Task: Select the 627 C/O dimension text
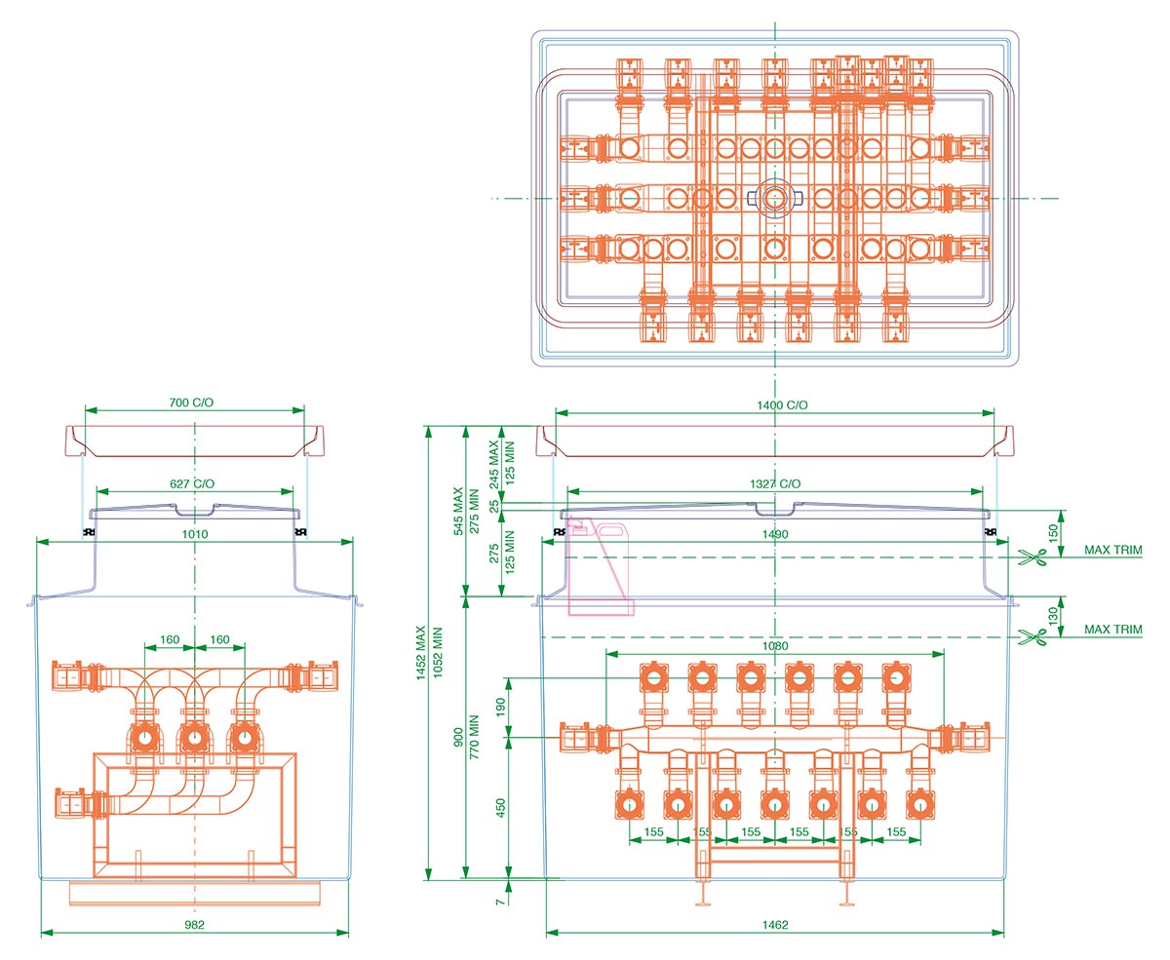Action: (194, 483)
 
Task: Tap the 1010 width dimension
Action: (194, 534)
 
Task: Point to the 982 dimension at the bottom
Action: (194, 924)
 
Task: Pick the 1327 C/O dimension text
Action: (776, 484)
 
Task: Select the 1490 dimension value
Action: (776, 534)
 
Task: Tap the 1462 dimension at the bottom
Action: (775, 924)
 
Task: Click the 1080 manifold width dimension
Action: (775, 645)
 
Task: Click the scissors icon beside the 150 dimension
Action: (1031, 557)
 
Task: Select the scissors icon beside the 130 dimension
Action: (1031, 635)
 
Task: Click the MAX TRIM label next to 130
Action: (1112, 630)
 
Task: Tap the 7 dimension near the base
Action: (500, 902)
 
